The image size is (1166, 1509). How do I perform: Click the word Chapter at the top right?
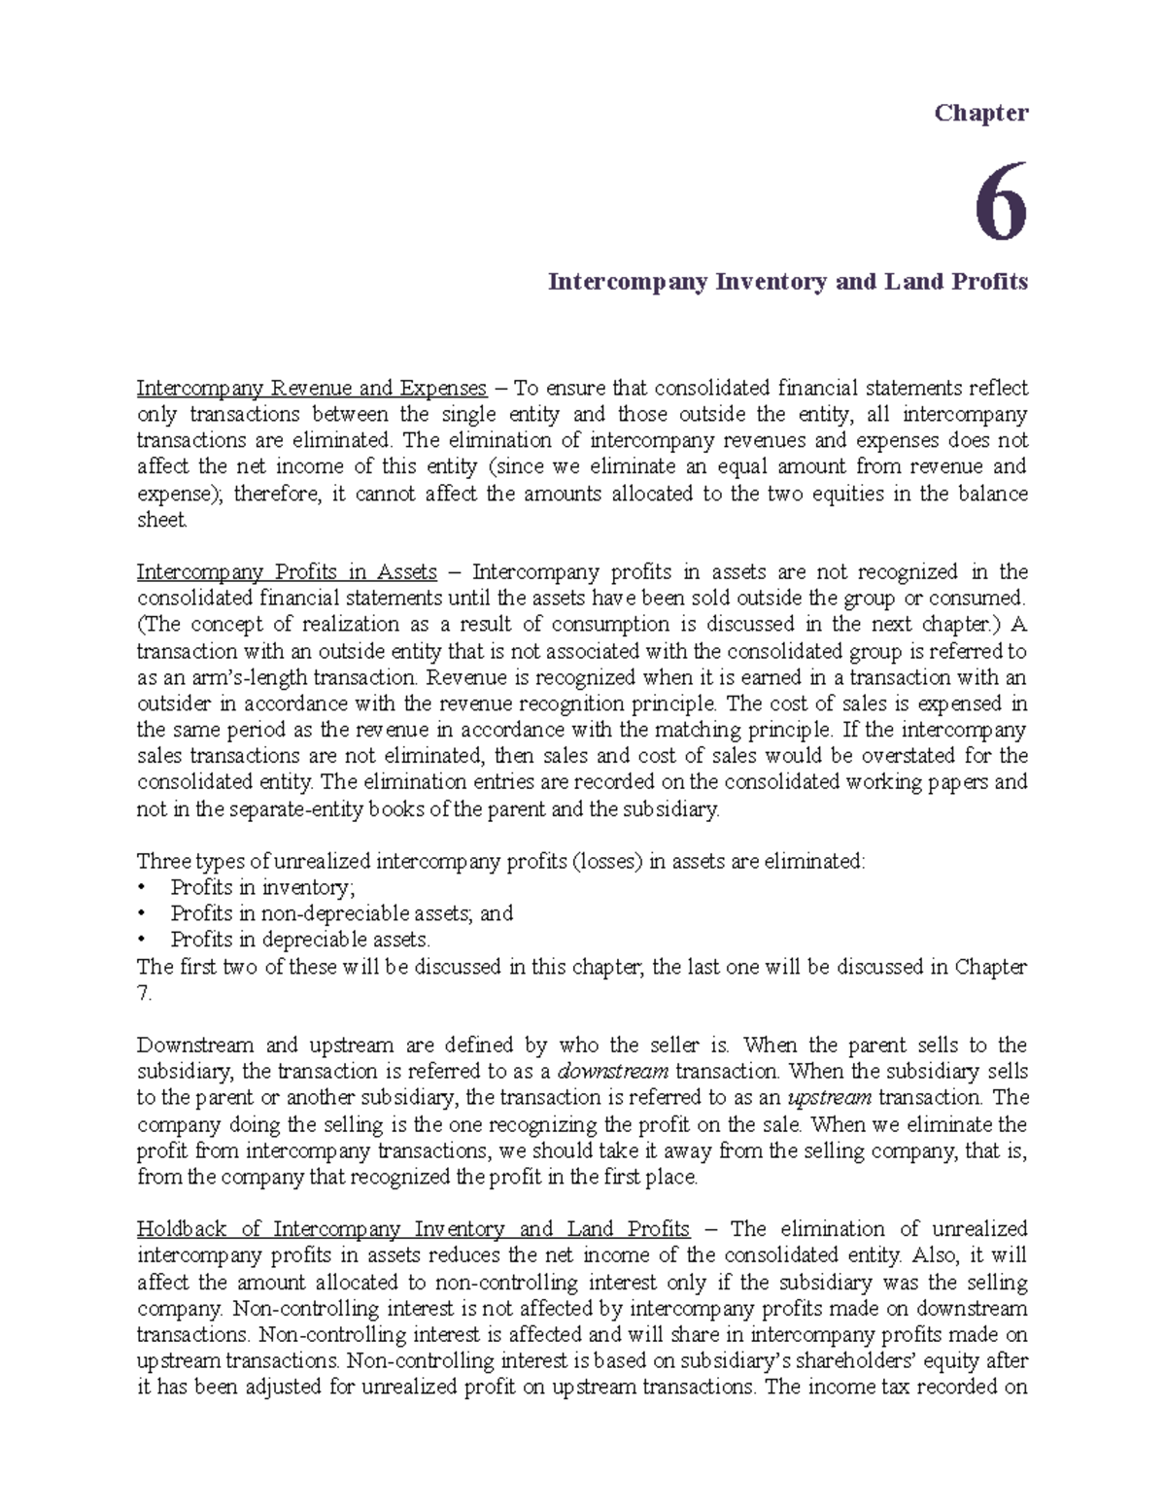[x=980, y=113]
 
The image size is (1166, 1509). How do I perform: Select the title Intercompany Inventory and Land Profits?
[x=787, y=282]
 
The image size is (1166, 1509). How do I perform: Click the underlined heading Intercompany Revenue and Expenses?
[x=311, y=389]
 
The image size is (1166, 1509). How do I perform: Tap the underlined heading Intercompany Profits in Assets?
[x=287, y=571]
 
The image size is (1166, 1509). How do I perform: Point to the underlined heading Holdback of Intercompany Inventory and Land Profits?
[x=413, y=1229]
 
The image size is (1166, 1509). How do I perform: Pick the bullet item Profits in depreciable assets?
[x=299, y=940]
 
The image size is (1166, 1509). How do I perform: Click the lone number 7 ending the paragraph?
[x=144, y=993]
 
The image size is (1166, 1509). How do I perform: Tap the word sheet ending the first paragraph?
[x=160, y=520]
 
